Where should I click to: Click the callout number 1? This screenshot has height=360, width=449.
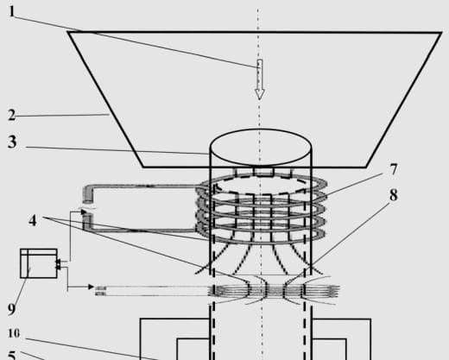(x=12, y=11)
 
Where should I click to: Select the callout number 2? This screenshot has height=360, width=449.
(x=11, y=115)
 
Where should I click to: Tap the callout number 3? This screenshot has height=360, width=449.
(x=12, y=142)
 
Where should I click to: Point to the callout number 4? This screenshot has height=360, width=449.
(x=33, y=221)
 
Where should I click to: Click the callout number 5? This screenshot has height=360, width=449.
(x=11, y=356)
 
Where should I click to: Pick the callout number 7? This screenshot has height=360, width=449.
(x=393, y=169)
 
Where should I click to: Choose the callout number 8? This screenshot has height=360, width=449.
(x=394, y=195)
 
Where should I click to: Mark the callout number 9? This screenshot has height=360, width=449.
(x=11, y=309)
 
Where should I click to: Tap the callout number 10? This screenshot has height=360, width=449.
(x=14, y=333)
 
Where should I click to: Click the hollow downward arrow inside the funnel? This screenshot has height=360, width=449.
(x=260, y=79)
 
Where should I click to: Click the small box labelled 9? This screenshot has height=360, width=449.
(x=39, y=263)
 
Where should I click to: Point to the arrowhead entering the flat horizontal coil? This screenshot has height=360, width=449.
(x=92, y=287)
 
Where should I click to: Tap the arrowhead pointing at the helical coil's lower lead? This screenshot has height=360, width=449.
(x=84, y=212)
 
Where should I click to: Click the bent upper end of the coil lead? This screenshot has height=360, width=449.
(x=88, y=193)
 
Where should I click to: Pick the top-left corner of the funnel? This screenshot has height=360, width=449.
(x=68, y=32)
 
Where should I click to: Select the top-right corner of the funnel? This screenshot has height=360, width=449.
(x=441, y=33)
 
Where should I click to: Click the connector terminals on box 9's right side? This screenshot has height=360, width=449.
(x=58, y=265)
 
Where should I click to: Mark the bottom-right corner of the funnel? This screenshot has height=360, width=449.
(x=366, y=167)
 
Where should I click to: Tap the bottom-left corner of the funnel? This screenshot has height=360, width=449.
(x=143, y=167)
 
